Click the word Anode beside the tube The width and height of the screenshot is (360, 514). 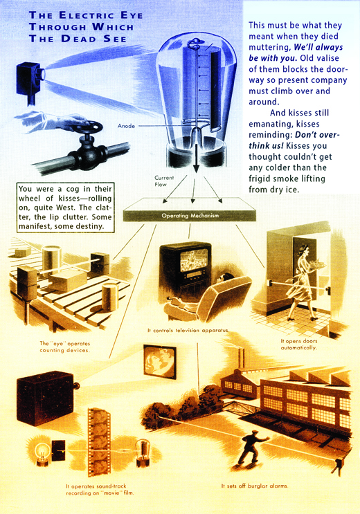coord(126,125)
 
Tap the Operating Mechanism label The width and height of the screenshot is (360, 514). coord(190,216)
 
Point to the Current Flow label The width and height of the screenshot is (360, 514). coord(164,181)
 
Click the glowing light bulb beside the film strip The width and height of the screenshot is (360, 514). coord(42,451)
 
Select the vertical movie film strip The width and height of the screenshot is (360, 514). coord(99,442)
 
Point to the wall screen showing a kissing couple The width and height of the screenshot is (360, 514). coord(160,362)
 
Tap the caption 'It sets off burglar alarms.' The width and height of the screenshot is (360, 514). coord(255,486)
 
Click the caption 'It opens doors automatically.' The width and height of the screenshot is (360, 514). coord(299,345)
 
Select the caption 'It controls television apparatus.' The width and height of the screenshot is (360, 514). coord(188,331)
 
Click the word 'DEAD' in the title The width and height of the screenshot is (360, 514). coord(80,39)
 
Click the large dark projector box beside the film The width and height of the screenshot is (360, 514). coord(46,397)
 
